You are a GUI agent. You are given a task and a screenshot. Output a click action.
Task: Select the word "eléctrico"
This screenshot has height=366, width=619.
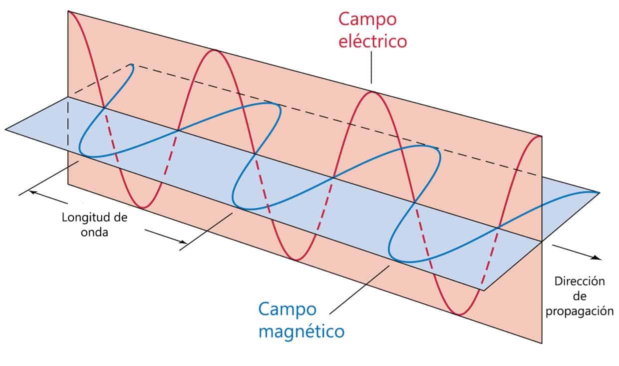372,41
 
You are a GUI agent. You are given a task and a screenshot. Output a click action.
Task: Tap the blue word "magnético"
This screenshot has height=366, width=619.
302,331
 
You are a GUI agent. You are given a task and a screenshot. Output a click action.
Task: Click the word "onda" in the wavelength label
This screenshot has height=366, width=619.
94,232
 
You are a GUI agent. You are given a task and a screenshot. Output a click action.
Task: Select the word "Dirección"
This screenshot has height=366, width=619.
580,281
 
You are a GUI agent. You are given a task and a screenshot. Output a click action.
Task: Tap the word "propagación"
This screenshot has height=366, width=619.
580,311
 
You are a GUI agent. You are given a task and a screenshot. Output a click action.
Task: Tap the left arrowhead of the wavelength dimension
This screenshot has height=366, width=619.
31,191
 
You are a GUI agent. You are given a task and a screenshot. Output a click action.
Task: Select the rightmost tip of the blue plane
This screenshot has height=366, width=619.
599,192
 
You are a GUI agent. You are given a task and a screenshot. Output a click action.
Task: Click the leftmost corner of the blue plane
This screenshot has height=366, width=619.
6,129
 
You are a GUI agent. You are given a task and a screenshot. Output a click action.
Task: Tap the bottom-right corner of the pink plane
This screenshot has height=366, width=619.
542,343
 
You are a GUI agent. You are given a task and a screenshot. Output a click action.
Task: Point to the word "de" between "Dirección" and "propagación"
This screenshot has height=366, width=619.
580,296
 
